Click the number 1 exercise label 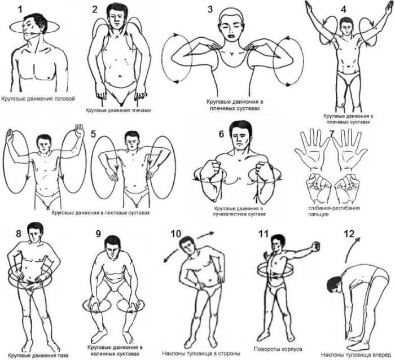coord(20,9)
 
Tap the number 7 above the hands coord(332,134)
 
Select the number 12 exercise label coord(349,234)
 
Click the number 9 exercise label coord(98,234)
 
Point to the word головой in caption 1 coord(65,99)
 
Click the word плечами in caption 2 coord(141,111)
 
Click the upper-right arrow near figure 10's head coord(206,235)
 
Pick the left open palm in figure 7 coord(312,150)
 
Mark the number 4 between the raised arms coord(343,10)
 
